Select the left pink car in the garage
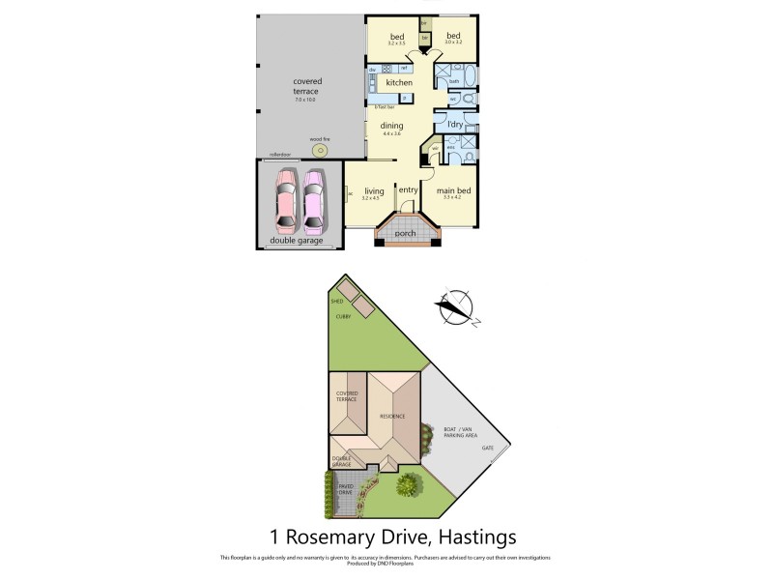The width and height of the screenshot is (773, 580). [x=287, y=201]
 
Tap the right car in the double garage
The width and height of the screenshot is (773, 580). [x=314, y=201]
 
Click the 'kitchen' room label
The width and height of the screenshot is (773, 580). [x=400, y=83]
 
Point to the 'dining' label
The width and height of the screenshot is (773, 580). [x=391, y=126]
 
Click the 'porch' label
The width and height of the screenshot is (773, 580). [x=407, y=232]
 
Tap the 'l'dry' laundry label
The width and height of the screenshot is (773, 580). [x=455, y=126]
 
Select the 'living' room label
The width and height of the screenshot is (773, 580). [x=373, y=191]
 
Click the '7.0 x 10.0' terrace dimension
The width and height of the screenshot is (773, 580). [x=305, y=100]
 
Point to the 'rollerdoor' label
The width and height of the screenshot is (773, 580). [x=280, y=154]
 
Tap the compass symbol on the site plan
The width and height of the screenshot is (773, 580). [x=454, y=308]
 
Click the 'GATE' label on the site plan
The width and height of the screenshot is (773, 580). [x=488, y=449]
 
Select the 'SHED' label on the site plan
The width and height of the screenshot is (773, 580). [x=336, y=302]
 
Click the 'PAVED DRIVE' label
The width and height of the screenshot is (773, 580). [x=345, y=489]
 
